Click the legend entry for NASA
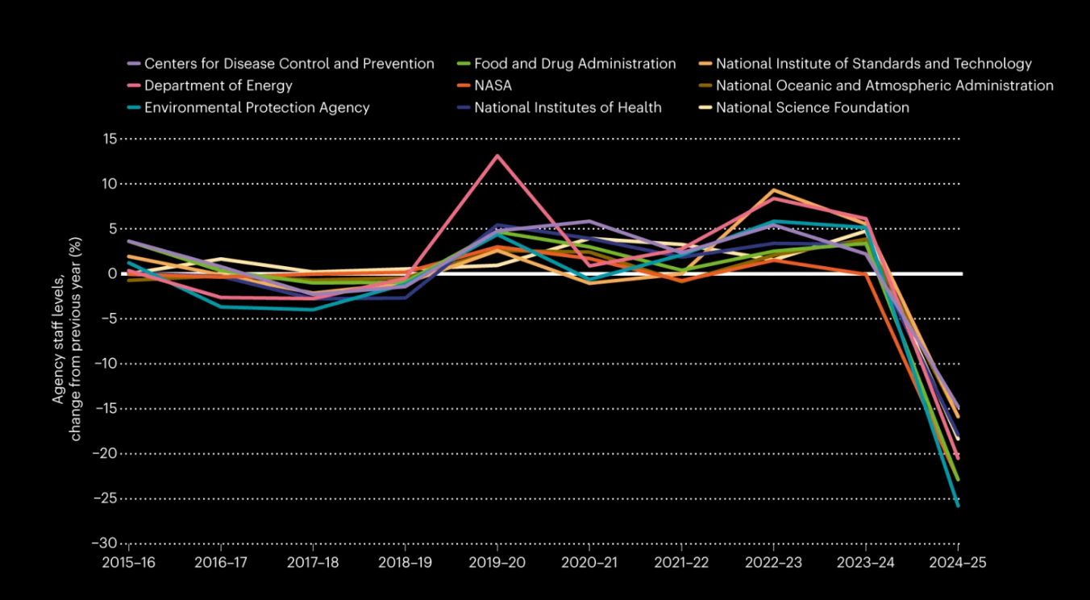[x=493, y=85]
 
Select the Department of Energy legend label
[x=218, y=85]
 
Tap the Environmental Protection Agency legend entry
[x=256, y=107]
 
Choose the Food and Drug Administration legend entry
[x=574, y=64]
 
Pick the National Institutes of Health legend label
[x=568, y=107]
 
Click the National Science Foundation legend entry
[x=812, y=107]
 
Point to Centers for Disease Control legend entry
[x=289, y=64]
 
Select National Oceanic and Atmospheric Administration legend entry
[x=884, y=85]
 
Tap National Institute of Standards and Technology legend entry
[x=873, y=64]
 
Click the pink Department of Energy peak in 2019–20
[x=497, y=155]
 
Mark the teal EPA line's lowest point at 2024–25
[x=958, y=506]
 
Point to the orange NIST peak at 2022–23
[x=774, y=190]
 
